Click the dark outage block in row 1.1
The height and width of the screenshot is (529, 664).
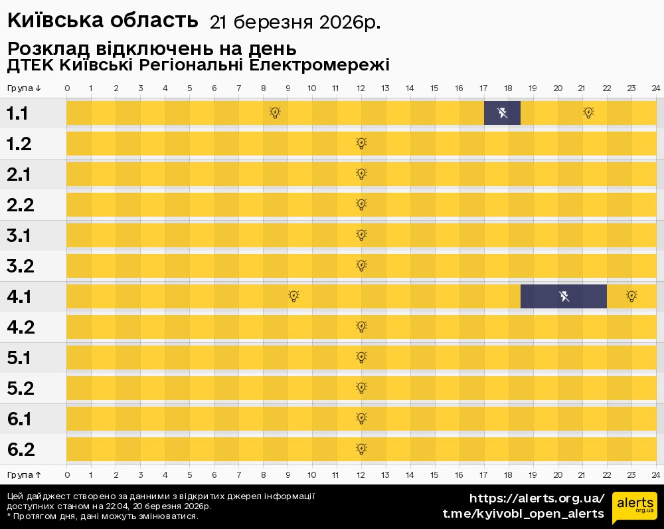pos(502,113)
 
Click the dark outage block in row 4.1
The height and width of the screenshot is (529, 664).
pos(563,296)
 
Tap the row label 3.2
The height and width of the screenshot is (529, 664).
pos(21,266)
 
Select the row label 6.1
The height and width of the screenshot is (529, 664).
pos(21,419)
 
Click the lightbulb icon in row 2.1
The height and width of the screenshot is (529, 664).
pos(361,174)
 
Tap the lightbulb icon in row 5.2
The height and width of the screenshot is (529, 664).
pos(361,388)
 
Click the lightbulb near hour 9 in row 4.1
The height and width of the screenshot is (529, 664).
pos(293,296)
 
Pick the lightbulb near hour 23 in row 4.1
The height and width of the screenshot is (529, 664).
pos(631,296)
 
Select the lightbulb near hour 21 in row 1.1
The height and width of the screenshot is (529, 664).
pos(588,113)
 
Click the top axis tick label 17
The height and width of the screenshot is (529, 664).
pos(483,88)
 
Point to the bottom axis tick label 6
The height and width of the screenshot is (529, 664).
pos(214,475)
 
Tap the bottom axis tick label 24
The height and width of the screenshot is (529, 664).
pos(655,475)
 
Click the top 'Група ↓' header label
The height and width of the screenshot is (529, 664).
pos(25,88)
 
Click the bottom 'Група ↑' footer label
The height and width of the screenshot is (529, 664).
pos(25,475)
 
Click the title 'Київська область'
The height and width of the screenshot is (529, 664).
pos(103,21)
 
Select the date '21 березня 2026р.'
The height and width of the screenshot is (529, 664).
pos(295,23)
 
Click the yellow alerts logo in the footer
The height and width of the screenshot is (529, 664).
pos(634,508)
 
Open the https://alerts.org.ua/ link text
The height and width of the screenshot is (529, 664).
pos(537,498)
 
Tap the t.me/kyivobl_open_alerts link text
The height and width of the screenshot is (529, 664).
pos(523,514)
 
